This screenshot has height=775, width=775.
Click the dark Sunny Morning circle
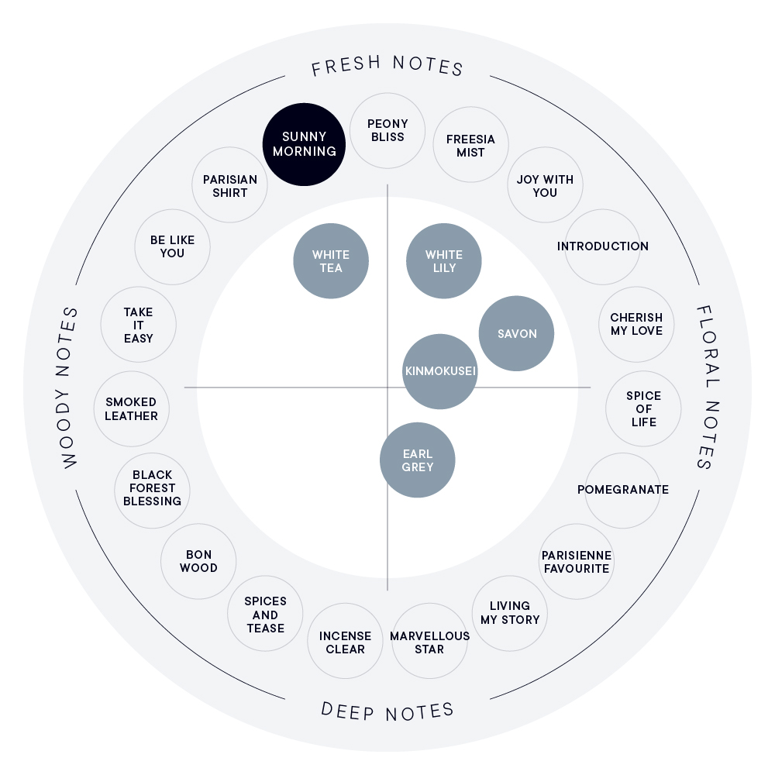click(304, 144)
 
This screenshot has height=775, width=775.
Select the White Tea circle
click(331, 261)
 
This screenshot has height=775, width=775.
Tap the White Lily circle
click(444, 261)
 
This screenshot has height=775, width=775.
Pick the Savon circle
click(516, 333)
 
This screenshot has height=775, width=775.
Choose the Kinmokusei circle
click(440, 372)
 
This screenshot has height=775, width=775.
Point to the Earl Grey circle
click(418, 460)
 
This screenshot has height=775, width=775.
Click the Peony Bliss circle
click(387, 130)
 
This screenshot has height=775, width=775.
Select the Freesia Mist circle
click(470, 144)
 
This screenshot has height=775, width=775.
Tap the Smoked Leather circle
click(132, 408)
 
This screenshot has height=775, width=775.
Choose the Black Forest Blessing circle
click(152, 491)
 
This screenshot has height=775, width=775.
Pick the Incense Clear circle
click(345, 641)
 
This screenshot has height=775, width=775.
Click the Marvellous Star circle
click(429, 641)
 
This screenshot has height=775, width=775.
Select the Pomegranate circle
click(623, 491)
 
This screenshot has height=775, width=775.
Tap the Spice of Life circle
click(643, 408)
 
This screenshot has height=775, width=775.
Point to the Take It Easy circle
click(139, 325)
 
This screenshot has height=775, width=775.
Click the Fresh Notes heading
click(387, 66)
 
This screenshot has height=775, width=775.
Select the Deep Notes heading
click(387, 711)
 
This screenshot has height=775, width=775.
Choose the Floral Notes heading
click(708, 387)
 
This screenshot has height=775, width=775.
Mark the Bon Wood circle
click(198, 561)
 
